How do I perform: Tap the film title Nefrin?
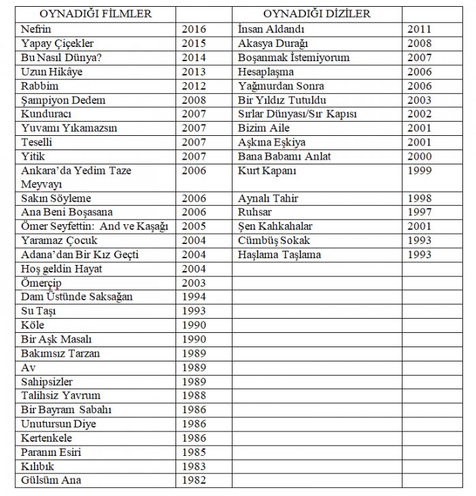(x=37, y=29)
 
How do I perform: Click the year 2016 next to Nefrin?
(x=194, y=29)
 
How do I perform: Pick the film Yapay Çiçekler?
(x=56, y=43)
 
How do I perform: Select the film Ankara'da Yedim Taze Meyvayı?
(x=76, y=177)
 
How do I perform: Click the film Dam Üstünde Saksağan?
(x=77, y=296)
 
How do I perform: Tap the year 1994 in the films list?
(x=194, y=296)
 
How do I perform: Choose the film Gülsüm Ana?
(x=51, y=480)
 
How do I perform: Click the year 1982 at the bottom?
(x=194, y=480)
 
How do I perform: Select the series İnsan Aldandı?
(x=271, y=29)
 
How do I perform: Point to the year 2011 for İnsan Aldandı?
(x=419, y=29)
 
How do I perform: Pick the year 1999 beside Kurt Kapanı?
(x=419, y=171)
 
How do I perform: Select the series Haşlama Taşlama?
(x=279, y=255)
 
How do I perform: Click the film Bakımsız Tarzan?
(x=61, y=353)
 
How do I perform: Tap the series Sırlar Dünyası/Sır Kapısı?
(x=297, y=113)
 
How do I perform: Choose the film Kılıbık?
(x=37, y=466)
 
